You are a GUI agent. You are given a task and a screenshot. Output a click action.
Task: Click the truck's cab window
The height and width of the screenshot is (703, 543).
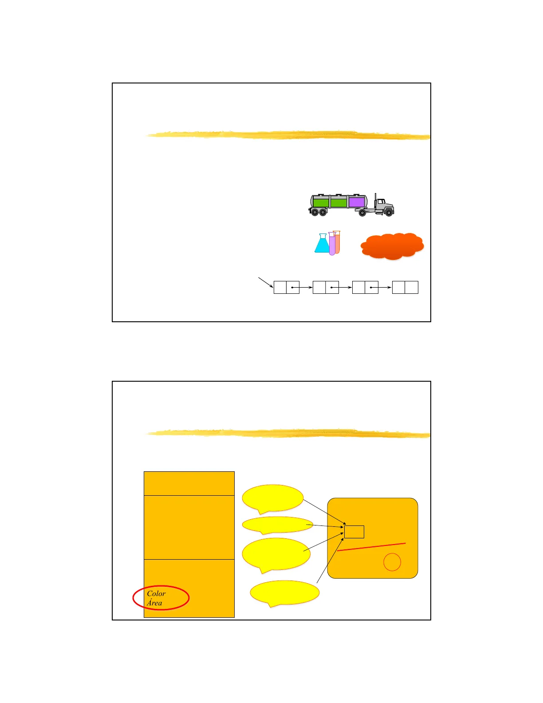(x=381, y=201)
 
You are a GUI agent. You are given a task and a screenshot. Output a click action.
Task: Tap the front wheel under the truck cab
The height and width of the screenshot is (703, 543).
(x=389, y=213)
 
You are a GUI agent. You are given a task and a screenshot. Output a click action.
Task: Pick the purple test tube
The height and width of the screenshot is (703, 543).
(x=332, y=244)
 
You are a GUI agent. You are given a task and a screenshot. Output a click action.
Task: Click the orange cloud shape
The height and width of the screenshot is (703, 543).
(x=392, y=246)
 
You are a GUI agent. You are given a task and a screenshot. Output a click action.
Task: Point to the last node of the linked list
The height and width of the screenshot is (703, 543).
(x=405, y=287)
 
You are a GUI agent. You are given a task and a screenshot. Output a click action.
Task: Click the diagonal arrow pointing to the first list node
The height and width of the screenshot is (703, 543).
(x=266, y=282)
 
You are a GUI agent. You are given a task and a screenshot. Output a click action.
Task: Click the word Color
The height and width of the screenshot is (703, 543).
(x=156, y=594)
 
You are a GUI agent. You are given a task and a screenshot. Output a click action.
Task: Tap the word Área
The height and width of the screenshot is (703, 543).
(x=154, y=603)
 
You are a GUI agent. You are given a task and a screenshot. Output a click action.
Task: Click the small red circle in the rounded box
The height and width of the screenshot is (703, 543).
(x=392, y=562)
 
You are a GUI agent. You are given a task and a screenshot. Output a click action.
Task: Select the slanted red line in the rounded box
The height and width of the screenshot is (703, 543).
(x=371, y=547)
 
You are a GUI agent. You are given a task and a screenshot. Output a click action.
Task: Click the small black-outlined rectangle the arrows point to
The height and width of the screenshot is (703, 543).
(x=354, y=532)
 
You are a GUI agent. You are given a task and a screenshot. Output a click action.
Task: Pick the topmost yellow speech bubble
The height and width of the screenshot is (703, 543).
(x=273, y=499)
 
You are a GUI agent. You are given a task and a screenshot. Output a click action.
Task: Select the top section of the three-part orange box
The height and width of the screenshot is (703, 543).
(x=189, y=483)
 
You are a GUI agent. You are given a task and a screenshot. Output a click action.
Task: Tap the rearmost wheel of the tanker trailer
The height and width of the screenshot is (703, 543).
(x=315, y=212)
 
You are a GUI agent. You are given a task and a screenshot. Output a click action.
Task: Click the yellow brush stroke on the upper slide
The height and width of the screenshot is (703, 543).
(x=288, y=135)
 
